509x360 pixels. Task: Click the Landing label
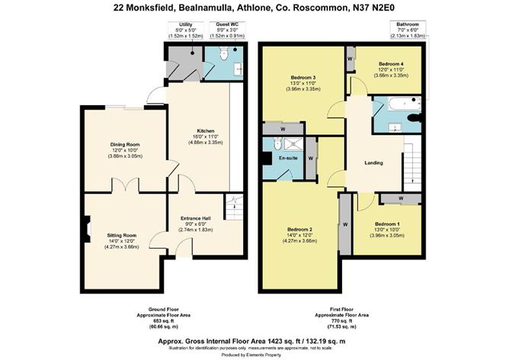[x=374, y=162]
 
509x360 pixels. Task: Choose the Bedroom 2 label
[x=301, y=230]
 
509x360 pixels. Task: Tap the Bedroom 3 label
[x=303, y=78]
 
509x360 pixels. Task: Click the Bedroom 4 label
[x=390, y=63]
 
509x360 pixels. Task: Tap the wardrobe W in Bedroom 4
[x=350, y=57]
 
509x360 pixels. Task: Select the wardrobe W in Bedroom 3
[x=283, y=128]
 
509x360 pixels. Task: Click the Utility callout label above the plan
[x=184, y=24]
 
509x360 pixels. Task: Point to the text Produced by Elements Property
[x=254, y=354]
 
